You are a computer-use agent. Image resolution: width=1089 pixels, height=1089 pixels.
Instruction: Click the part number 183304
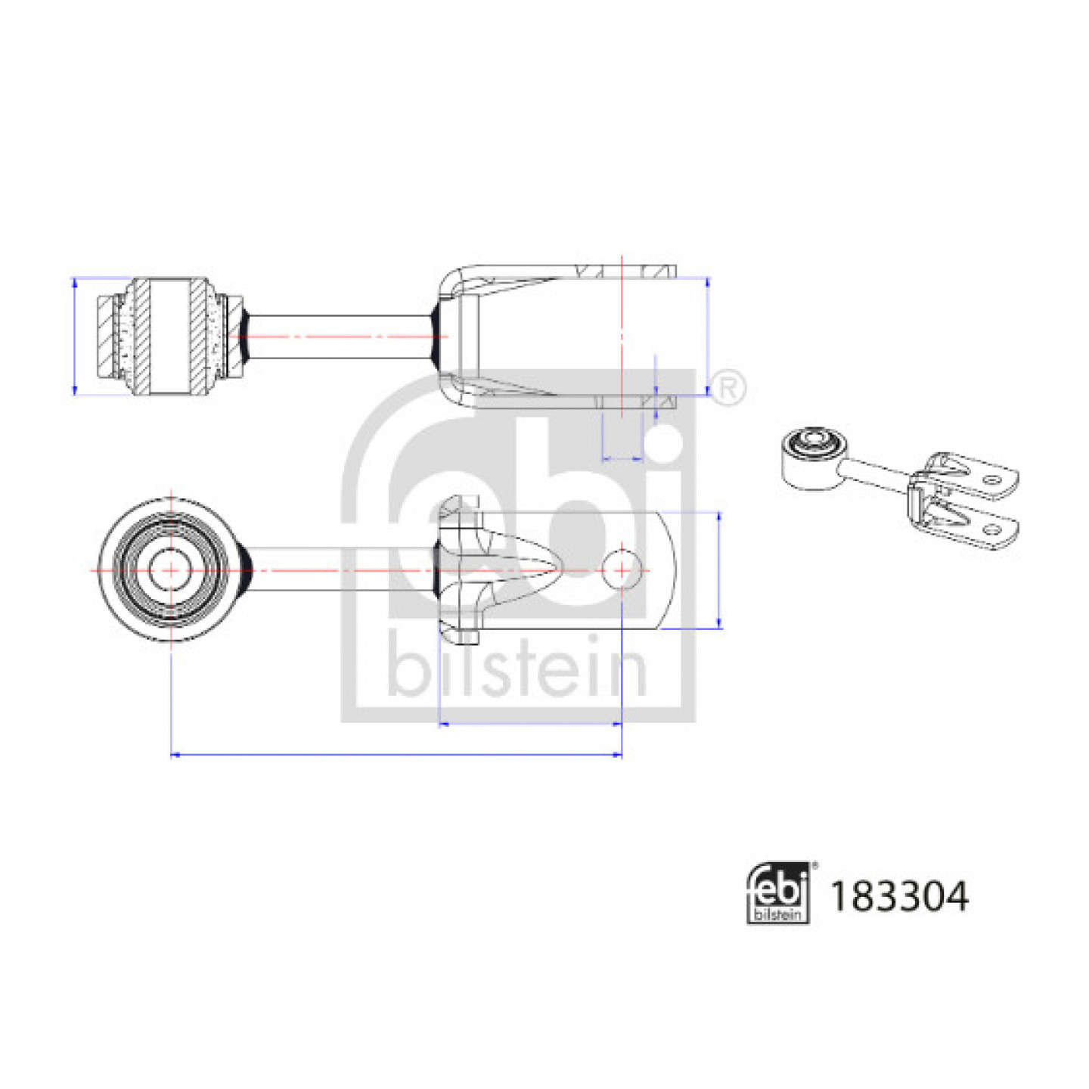point(899,897)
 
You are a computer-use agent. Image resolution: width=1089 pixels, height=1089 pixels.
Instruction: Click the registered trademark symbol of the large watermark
point(728,388)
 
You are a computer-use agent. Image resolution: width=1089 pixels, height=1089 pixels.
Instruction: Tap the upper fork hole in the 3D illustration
point(989,480)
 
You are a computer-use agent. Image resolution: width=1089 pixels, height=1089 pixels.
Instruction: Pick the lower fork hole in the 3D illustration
point(989,529)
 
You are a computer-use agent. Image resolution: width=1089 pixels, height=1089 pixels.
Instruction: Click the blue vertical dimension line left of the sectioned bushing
point(75,337)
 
